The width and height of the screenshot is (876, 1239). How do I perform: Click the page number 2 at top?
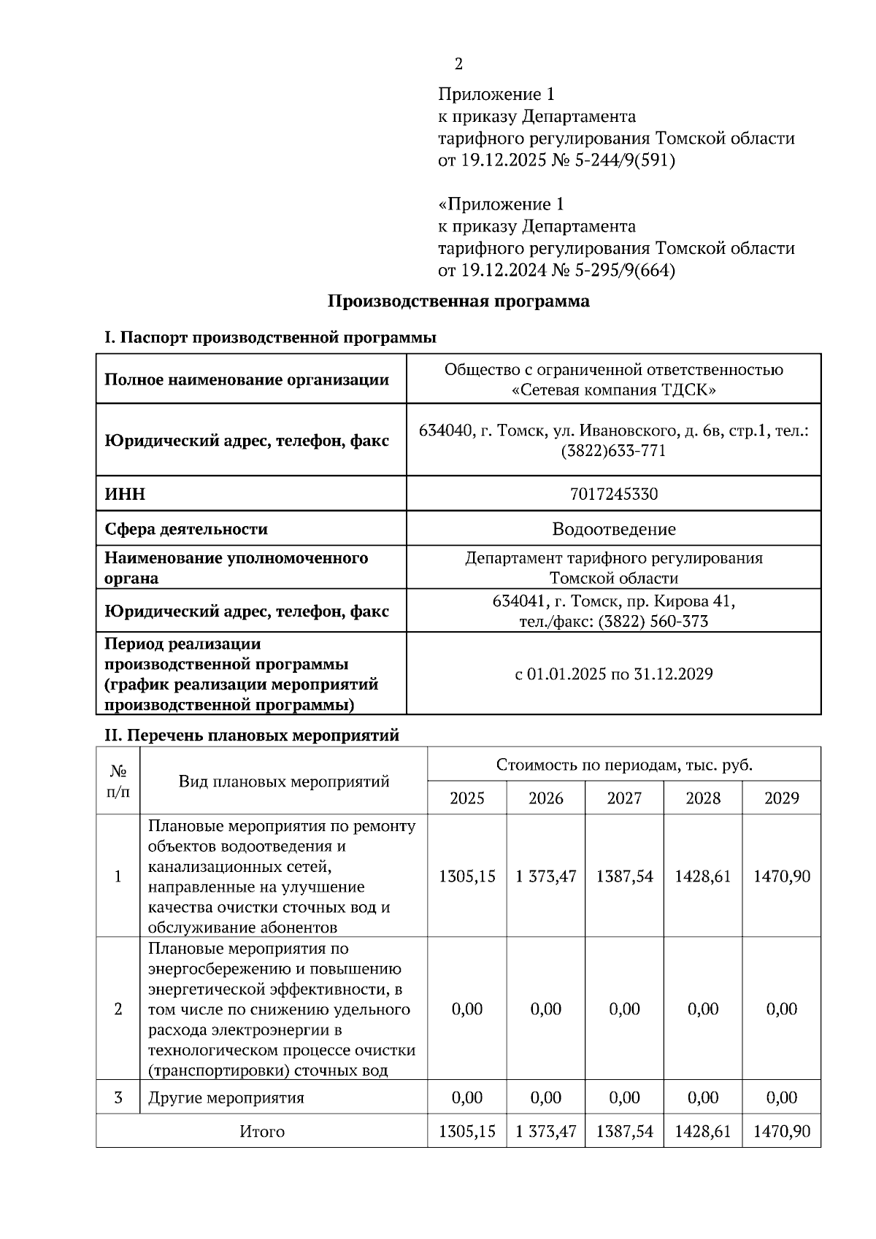[x=458, y=64]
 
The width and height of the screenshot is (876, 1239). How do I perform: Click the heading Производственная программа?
[x=458, y=301]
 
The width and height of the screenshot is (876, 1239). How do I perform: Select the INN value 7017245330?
[x=613, y=494]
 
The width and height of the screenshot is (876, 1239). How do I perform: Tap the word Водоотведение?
[x=613, y=529]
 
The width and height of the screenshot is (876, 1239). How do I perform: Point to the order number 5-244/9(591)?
[x=625, y=161]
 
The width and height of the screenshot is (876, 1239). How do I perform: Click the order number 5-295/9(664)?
[x=625, y=271]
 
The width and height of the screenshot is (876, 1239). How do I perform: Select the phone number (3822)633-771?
[x=613, y=451]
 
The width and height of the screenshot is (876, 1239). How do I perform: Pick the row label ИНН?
[x=125, y=494]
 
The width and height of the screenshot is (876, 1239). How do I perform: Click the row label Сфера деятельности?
[x=186, y=529]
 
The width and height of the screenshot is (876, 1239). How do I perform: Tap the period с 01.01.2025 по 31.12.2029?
[x=613, y=673]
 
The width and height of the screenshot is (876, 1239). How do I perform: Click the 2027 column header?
[x=624, y=798]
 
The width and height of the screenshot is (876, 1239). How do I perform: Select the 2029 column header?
[x=781, y=798]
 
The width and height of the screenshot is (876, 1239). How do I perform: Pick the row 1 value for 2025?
[x=466, y=876]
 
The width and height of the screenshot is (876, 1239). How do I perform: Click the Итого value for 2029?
[x=781, y=1131]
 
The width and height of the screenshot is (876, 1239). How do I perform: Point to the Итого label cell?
[x=262, y=1132]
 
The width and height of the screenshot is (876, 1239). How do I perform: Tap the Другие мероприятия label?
[x=226, y=1097]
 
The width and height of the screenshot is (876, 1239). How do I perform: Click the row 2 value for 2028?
[x=703, y=1009]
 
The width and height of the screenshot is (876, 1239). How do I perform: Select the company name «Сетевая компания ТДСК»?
[x=613, y=390]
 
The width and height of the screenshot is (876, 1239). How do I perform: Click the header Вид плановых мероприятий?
[x=284, y=781]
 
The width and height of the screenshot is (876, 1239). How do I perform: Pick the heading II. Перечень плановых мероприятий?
[x=252, y=735]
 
